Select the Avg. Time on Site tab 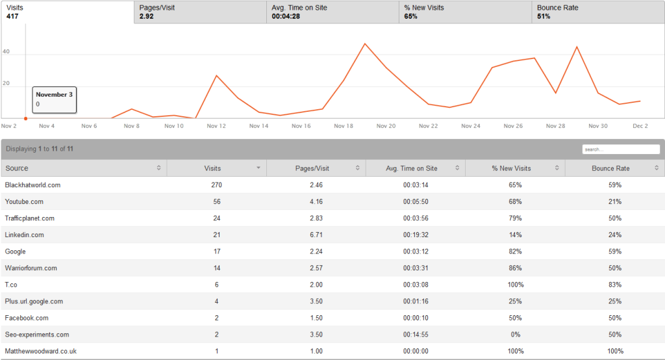(x=332, y=12)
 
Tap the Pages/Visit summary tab (x=200, y=12)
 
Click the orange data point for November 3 (x=25, y=118)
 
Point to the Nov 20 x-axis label (x=386, y=126)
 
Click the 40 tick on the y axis (x=6, y=52)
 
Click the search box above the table (x=621, y=149)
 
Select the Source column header (x=83, y=168)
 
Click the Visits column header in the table (x=216, y=168)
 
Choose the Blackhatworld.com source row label (x=32, y=185)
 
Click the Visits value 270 (x=216, y=185)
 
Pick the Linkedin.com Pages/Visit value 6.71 (x=316, y=235)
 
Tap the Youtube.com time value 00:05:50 (x=416, y=201)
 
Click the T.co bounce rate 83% (x=615, y=285)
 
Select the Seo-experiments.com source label (x=36, y=335)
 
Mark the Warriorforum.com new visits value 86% (x=515, y=268)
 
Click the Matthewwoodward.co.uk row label (x=41, y=352)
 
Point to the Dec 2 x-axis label (x=641, y=126)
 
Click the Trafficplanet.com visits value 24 (x=216, y=218)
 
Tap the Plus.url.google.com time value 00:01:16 (x=416, y=302)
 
